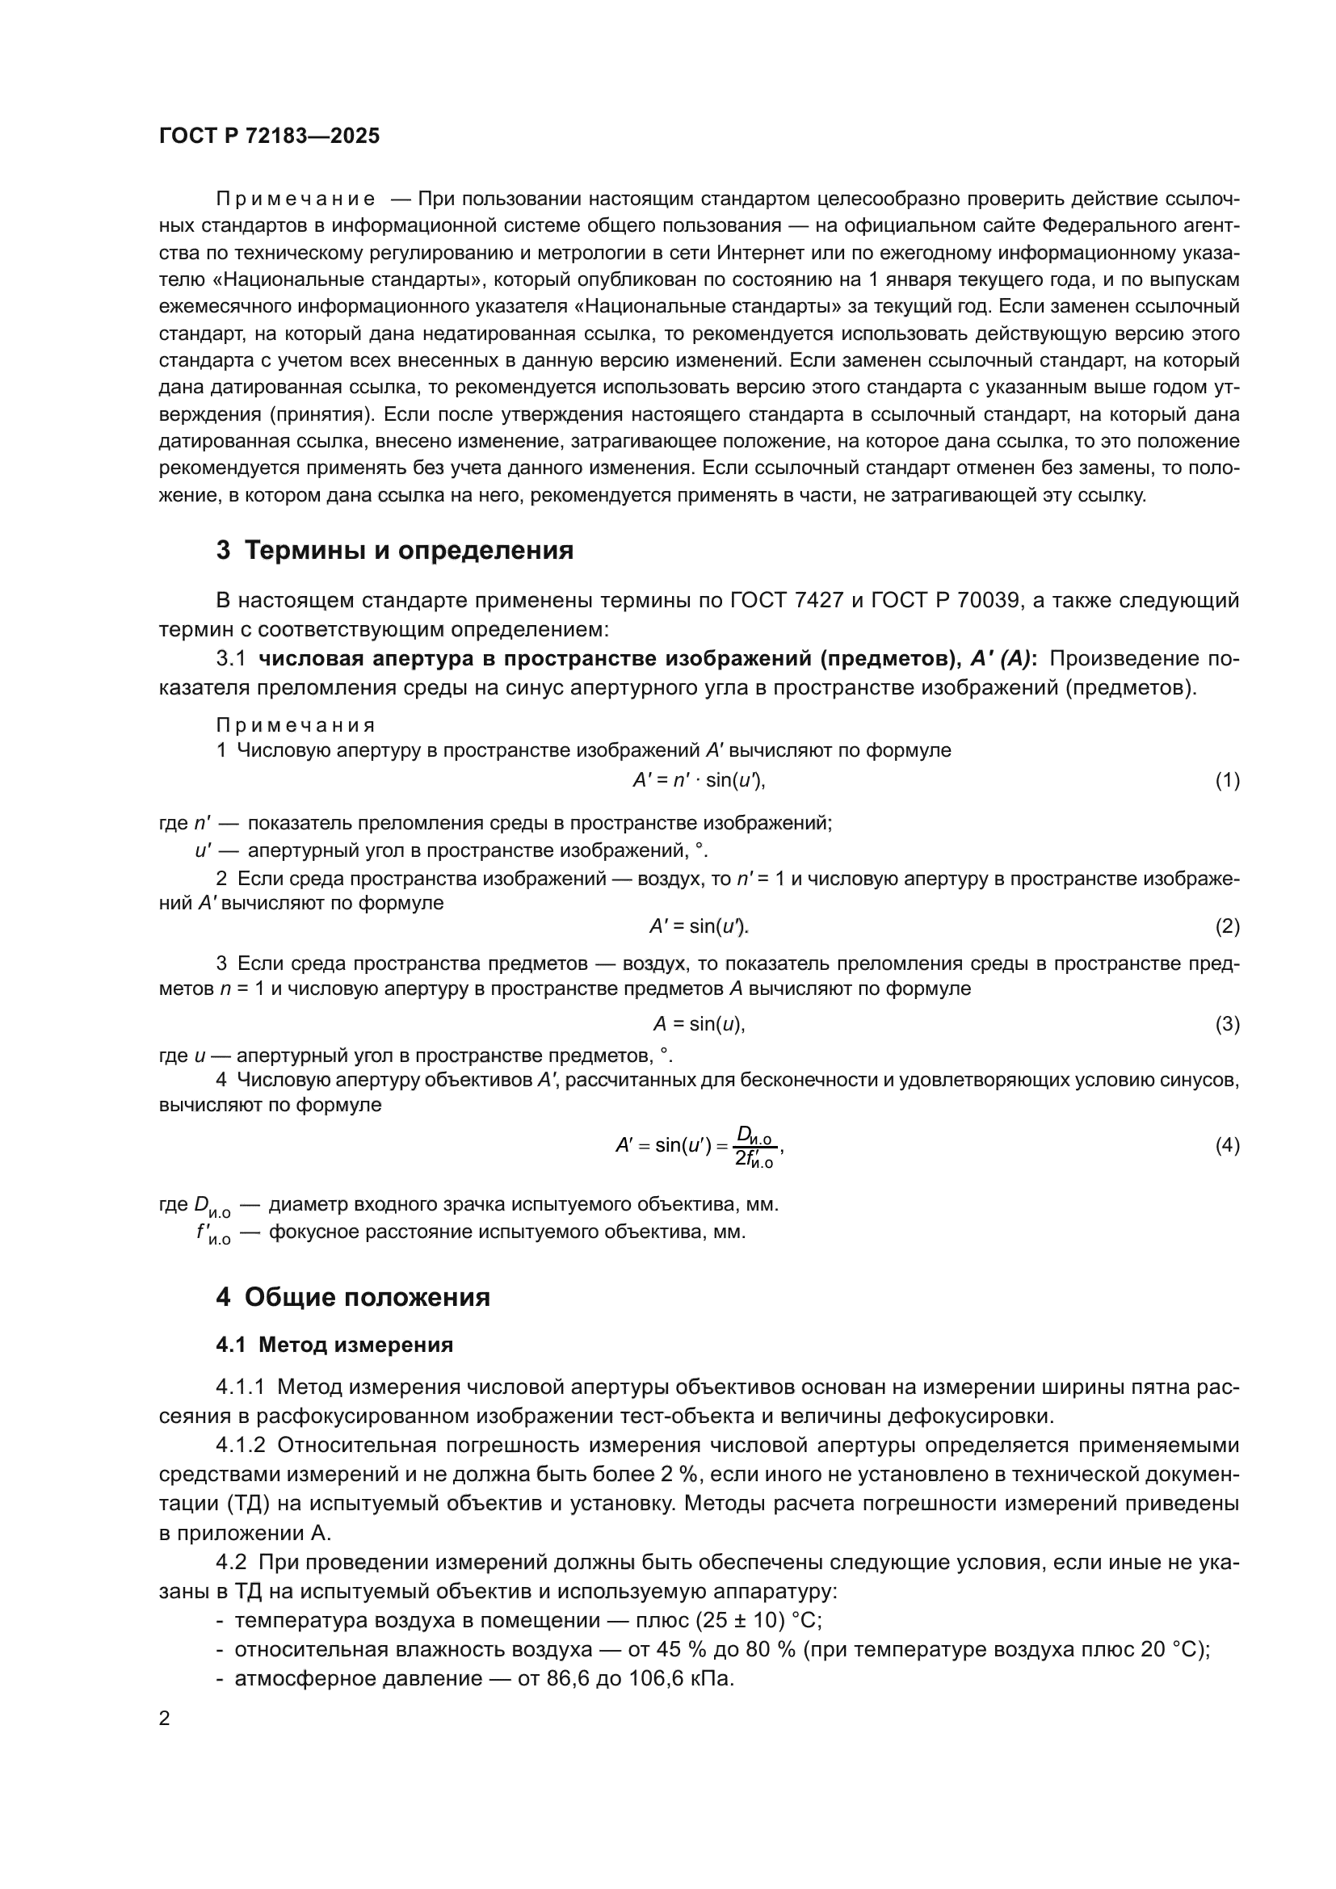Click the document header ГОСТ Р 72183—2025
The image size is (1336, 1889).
coord(269,136)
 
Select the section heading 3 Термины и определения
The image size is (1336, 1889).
coord(395,550)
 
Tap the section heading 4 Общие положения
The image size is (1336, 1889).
coord(353,1298)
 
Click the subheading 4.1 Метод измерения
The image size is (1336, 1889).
coord(334,1345)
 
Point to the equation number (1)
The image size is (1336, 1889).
coord(1227,780)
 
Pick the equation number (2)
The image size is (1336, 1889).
coord(1227,926)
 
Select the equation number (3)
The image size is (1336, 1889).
coord(1227,1023)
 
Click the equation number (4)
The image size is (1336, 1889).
coord(1227,1145)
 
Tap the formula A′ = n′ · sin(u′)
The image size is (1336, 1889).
coord(699,780)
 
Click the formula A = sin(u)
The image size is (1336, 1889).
coord(699,1023)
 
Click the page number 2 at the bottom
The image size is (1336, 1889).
coord(165,1719)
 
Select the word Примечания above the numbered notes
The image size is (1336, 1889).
coord(296,726)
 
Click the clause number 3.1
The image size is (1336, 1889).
coord(230,659)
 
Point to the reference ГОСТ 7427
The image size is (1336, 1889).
coord(787,601)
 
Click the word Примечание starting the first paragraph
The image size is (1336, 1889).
coord(296,199)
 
